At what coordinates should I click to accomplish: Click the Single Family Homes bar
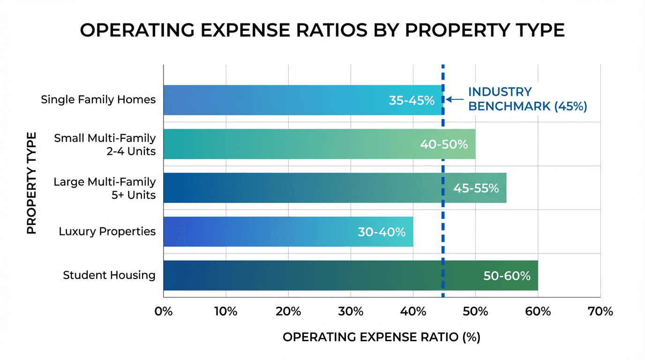tap(281, 100)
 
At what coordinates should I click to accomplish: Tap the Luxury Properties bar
tap(262, 232)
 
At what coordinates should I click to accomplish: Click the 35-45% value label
tap(412, 100)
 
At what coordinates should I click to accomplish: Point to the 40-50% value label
tap(443, 144)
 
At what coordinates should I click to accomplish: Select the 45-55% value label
tap(476, 188)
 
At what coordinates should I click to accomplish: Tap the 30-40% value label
tap(382, 232)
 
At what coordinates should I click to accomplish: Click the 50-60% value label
tap(507, 276)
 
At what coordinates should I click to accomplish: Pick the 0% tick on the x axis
tap(164, 311)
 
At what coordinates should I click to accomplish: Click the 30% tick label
tap(351, 311)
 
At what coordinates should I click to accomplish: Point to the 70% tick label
tap(600, 311)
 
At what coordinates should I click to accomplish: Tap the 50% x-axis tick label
tap(475, 311)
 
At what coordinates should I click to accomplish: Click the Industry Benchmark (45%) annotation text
tap(527, 99)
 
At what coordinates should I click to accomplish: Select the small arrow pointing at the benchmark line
tap(454, 99)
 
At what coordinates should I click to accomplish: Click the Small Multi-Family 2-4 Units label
tap(105, 145)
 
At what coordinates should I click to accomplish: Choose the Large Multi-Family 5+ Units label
tap(105, 188)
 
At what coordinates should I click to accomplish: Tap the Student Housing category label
tap(109, 275)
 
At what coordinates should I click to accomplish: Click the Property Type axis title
tap(31, 183)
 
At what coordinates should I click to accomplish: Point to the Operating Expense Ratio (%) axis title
tap(381, 337)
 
